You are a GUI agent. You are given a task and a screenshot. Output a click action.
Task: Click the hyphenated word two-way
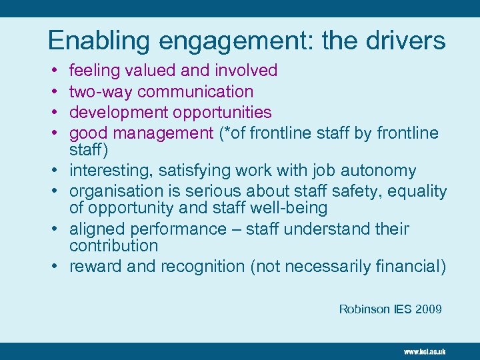101,91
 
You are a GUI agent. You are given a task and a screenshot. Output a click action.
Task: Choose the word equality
417,192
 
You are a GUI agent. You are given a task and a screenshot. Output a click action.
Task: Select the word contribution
113,245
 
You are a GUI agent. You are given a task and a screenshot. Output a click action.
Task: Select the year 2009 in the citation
428,309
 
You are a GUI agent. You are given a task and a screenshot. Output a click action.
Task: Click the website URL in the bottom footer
424,351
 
